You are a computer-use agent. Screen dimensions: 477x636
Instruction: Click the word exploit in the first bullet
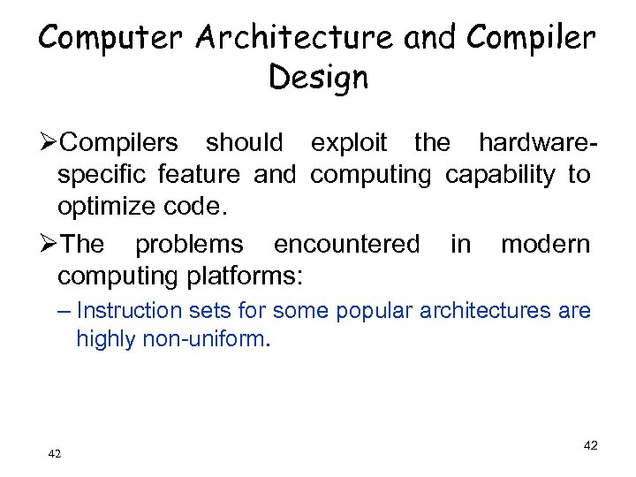tap(349, 142)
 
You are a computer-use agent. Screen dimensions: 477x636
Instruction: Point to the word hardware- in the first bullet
tap(536, 142)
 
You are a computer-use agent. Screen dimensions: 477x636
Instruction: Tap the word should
tap(245, 142)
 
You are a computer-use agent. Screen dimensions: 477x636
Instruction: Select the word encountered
tap(347, 244)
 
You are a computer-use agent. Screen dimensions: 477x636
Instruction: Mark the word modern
tap(545, 244)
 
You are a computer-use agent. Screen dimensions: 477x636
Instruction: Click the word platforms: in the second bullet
tap(243, 276)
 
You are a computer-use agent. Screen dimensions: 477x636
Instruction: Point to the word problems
tap(189, 244)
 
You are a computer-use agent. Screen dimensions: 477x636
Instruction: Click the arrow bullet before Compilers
tap(48, 142)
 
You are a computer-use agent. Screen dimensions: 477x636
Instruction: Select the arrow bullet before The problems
tap(48, 244)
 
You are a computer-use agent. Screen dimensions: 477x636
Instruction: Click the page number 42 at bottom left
tap(55, 454)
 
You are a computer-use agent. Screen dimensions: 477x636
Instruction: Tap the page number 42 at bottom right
tap(590, 446)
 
